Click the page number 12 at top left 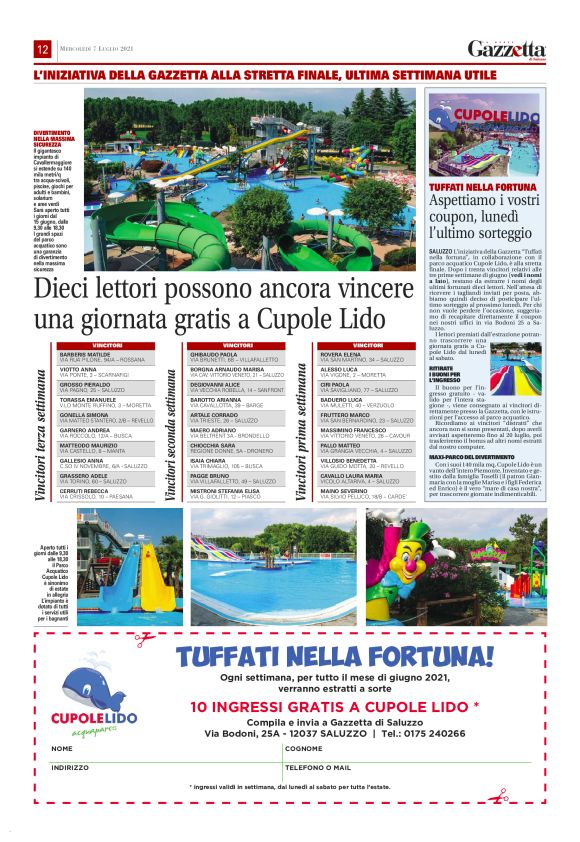pyautogui.click(x=43, y=50)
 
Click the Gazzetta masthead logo pyautogui.click(x=506, y=50)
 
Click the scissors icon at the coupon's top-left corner pyautogui.click(x=146, y=636)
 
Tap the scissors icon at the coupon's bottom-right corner pyautogui.click(x=494, y=797)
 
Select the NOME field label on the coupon pyautogui.click(x=62, y=748)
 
